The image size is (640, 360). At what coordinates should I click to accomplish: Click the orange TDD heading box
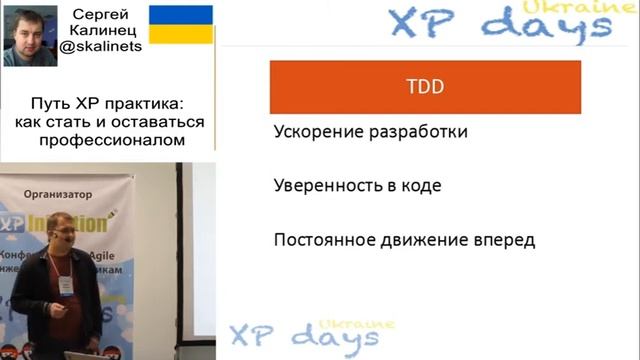point(426,87)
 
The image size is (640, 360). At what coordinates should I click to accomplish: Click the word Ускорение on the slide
point(316,132)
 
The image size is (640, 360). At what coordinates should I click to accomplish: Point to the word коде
point(420,185)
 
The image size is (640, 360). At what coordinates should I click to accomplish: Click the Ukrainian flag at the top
point(180,23)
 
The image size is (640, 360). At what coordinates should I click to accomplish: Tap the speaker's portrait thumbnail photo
point(30,34)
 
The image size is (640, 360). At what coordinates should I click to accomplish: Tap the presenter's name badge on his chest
point(67,285)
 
